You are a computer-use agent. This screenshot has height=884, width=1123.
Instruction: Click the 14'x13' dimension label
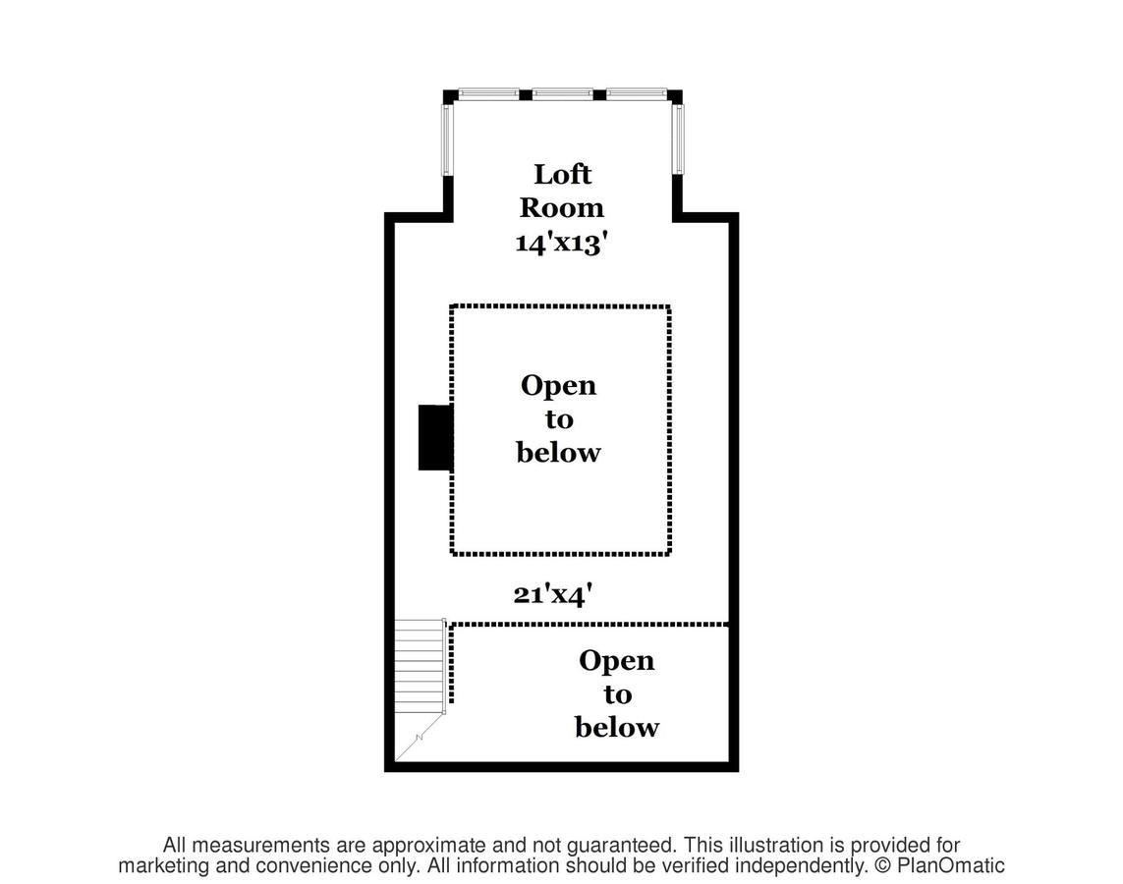562,244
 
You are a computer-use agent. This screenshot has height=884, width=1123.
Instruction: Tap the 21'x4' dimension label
553,594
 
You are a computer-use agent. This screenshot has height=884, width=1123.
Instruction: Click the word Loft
562,174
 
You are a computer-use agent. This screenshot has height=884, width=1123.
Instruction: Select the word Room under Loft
562,207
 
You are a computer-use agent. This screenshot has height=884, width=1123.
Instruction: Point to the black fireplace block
435,437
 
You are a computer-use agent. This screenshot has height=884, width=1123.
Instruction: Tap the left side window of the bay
445,139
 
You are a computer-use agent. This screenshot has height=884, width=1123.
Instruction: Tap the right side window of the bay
678,139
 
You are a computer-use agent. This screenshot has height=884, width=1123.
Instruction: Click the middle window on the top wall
562,93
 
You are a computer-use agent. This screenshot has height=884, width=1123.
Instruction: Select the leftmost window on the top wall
488,93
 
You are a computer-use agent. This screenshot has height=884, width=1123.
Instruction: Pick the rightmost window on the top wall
637,93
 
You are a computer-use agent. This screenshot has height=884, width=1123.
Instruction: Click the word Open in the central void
559,386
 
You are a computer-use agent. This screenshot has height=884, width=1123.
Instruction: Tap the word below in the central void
559,453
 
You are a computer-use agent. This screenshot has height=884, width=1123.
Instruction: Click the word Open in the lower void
617,661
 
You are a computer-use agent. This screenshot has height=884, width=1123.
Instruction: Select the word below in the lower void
617,727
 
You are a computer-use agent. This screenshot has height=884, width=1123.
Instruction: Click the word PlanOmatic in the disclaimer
951,865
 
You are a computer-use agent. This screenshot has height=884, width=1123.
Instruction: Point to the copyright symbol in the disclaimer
883,866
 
